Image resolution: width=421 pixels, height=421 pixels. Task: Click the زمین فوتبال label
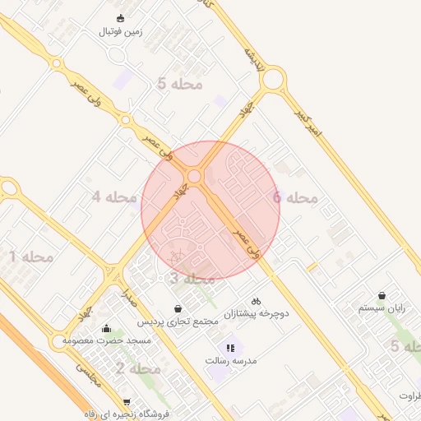pos(121,31)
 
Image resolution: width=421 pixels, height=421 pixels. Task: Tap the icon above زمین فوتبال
pos(121,18)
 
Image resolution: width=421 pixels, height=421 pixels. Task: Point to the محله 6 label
pos(294,197)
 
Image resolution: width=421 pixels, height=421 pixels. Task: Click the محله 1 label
pos(31,257)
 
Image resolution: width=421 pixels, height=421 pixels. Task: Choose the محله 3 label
pos(192,279)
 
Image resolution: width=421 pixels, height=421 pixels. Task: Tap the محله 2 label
pos(137,368)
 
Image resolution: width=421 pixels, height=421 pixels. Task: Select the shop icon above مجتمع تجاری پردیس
pos(178,309)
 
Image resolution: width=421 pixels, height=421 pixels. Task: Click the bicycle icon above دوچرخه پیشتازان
pos(256,302)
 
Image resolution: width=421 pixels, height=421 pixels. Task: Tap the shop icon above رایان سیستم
pos(382,295)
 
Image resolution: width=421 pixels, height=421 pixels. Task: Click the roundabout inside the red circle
pos(195,176)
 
